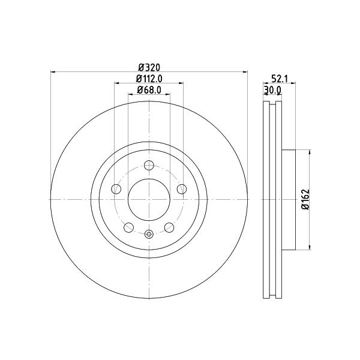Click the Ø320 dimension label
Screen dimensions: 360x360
click(x=149, y=67)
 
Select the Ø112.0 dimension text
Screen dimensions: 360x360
click(x=149, y=79)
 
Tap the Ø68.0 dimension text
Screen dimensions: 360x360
click(x=149, y=90)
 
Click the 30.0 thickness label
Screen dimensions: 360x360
click(x=272, y=90)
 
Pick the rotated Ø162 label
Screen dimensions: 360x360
click(x=306, y=199)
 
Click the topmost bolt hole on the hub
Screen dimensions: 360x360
click(x=149, y=165)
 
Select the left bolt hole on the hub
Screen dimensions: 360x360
click(x=116, y=189)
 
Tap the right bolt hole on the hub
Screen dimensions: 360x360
click(x=182, y=189)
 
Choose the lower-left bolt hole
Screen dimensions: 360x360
click(x=128, y=227)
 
